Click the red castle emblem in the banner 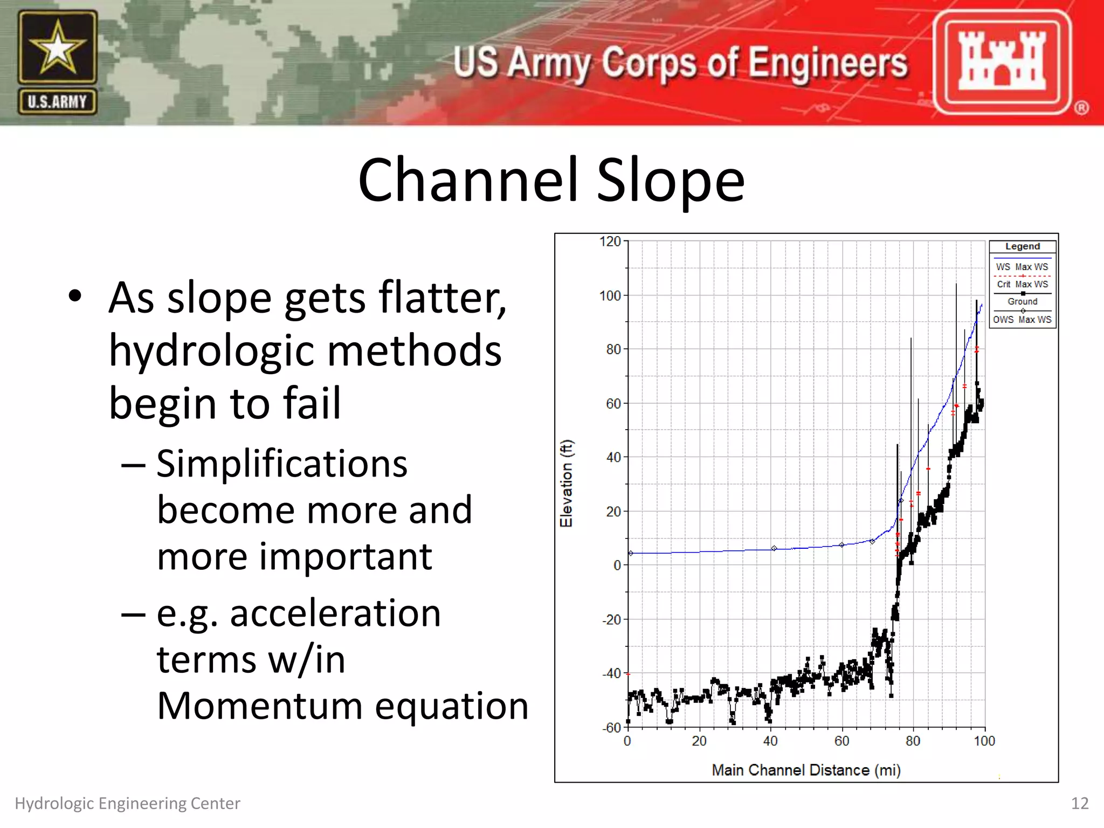click(x=1002, y=62)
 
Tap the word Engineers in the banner click(x=828, y=64)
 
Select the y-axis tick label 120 click(x=610, y=241)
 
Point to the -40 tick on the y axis click(x=612, y=673)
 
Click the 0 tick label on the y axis click(x=617, y=565)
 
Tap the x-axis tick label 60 click(x=841, y=741)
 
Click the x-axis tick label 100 click(x=984, y=741)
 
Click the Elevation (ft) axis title click(x=567, y=484)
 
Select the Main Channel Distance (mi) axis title click(x=806, y=770)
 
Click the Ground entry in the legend click(x=1022, y=301)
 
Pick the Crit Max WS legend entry click(x=1022, y=284)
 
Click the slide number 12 click(x=1080, y=803)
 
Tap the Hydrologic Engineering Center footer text click(x=127, y=803)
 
